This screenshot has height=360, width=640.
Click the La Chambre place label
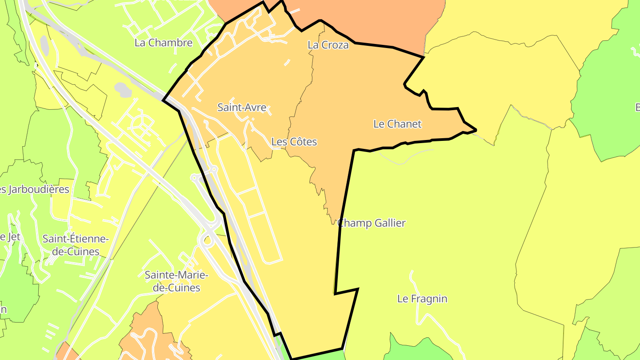tap(164, 43)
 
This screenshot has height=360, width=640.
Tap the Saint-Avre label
tap(242, 107)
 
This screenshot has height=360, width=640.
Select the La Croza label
tap(328, 45)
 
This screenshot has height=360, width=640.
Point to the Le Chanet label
tap(397, 124)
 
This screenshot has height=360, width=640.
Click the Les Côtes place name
tap(294, 142)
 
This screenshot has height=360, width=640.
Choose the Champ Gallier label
tap(372, 223)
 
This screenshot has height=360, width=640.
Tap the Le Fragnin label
tap(422, 299)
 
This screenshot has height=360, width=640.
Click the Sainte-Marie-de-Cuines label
tap(176, 281)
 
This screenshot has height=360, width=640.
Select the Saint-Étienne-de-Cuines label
tap(76, 245)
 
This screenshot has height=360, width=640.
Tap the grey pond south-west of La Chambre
tap(123, 89)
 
